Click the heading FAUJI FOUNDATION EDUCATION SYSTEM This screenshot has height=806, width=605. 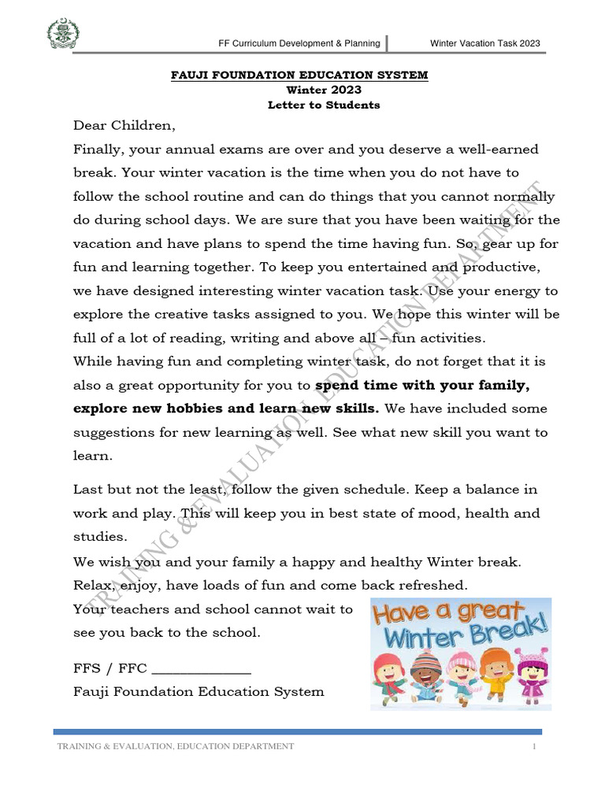(x=300, y=75)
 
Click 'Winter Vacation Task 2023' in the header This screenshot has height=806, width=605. (x=484, y=43)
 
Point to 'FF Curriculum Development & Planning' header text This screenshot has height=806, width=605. (x=299, y=43)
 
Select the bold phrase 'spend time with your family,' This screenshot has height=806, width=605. (x=422, y=386)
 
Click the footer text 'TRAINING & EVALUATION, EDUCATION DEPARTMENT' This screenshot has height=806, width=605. (x=176, y=746)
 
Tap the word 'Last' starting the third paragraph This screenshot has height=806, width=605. (x=87, y=490)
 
